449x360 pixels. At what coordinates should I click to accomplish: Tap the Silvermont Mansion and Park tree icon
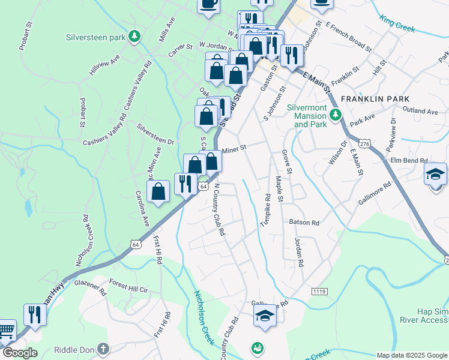(335, 114)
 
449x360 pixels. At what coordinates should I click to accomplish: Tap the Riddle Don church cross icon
(103, 349)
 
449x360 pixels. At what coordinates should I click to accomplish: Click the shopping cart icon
(5, 331)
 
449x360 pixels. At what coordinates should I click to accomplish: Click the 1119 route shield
(319, 291)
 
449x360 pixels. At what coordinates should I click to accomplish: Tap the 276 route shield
(364, 144)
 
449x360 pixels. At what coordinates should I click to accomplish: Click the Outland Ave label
(420, 111)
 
